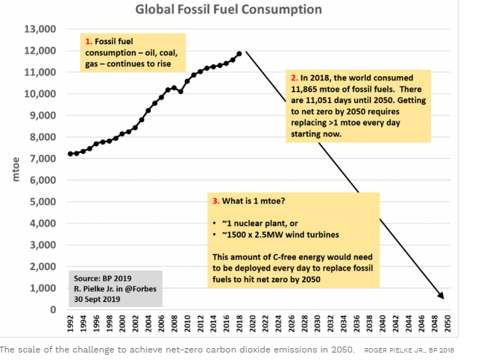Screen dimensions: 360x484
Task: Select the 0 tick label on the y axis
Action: [x=53, y=309]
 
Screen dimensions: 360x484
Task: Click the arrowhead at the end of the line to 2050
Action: [x=442, y=297]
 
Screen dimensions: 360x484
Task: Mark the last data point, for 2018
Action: [x=239, y=54]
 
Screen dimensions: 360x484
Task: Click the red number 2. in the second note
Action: [x=293, y=78]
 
